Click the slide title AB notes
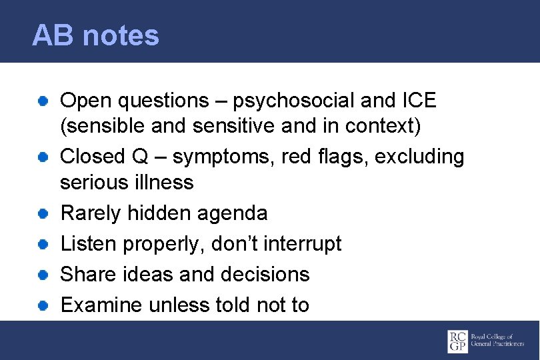[95, 35]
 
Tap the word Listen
[87, 243]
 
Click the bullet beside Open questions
[42, 101]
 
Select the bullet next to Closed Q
[42, 157]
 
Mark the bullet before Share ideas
[42, 275]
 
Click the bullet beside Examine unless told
[42, 305]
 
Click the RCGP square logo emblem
[457, 341]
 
